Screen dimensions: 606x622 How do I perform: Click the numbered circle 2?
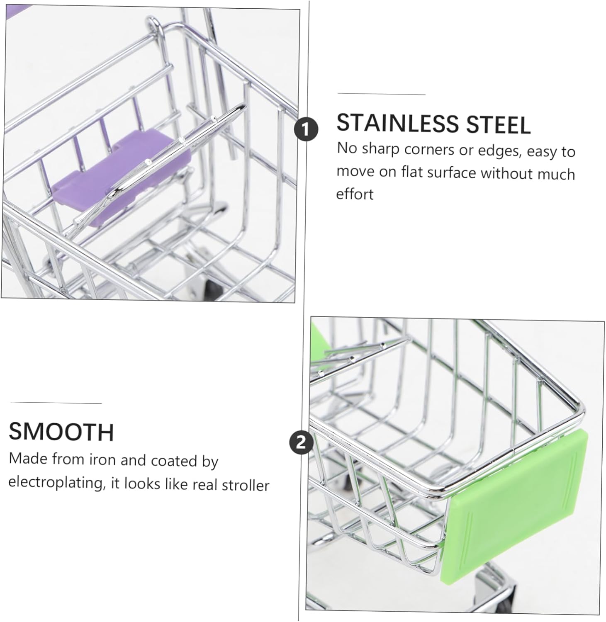pos(301,442)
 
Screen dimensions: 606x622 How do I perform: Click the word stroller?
pos(246,485)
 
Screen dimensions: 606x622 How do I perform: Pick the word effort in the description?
pos(355,194)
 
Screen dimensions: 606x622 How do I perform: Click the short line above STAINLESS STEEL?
pos(382,94)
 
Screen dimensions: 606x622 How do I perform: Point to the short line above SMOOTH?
pos(56,403)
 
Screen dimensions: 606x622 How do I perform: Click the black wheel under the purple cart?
pos(212,287)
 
